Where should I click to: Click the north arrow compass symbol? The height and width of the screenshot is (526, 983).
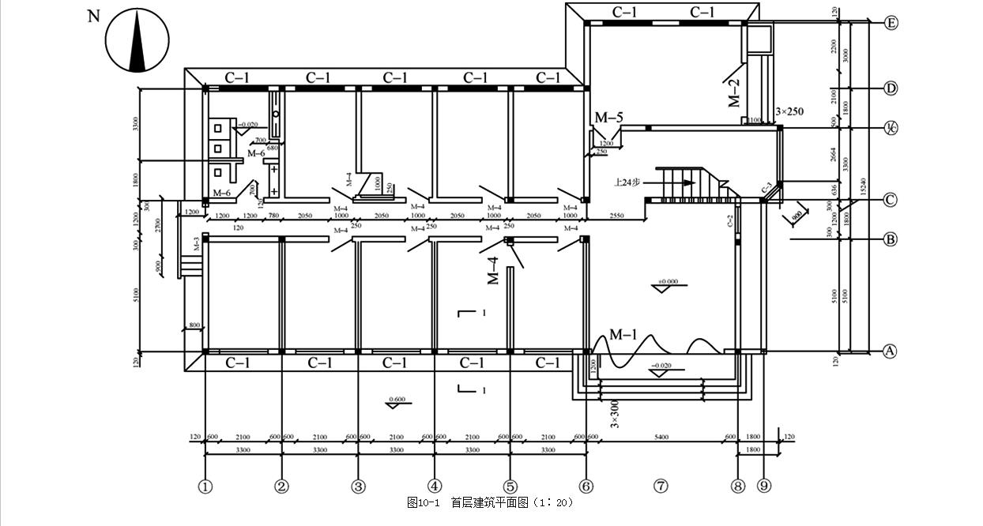[138, 40]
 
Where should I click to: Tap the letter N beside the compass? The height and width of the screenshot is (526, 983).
[94, 17]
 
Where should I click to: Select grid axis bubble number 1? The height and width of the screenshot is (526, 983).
[205, 487]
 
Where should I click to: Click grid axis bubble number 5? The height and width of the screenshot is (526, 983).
[510, 487]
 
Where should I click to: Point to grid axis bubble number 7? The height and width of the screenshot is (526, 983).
[661, 487]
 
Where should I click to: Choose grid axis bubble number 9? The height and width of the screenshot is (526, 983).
[763, 487]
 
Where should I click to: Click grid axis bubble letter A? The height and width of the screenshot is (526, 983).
[890, 351]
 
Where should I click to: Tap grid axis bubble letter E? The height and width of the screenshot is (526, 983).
[891, 23]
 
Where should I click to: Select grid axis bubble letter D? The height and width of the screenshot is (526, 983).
[891, 88]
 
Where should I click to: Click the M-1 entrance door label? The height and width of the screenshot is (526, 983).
[623, 335]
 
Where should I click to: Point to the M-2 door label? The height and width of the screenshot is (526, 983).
[734, 93]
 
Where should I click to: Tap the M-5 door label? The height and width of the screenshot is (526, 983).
[608, 118]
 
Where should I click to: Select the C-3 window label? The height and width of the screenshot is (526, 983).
[766, 188]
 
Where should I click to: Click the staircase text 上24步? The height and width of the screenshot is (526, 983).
[628, 182]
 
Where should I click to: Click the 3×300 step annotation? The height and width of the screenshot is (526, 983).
[615, 412]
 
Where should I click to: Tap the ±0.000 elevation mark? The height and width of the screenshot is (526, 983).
[668, 281]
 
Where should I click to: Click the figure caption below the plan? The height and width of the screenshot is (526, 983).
[490, 502]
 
